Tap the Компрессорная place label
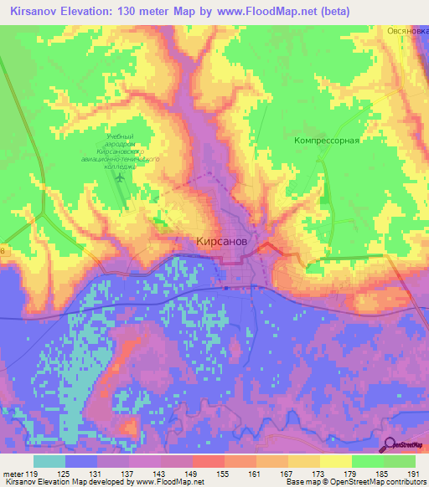pyautogui.click(x=327, y=141)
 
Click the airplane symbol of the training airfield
pyautogui.click(x=120, y=177)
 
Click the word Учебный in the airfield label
pyautogui.click(x=121, y=136)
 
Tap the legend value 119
pyautogui.click(x=47, y=475)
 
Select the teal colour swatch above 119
pyautogui.click(x=49, y=461)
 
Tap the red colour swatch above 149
pyautogui.click(x=208, y=461)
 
